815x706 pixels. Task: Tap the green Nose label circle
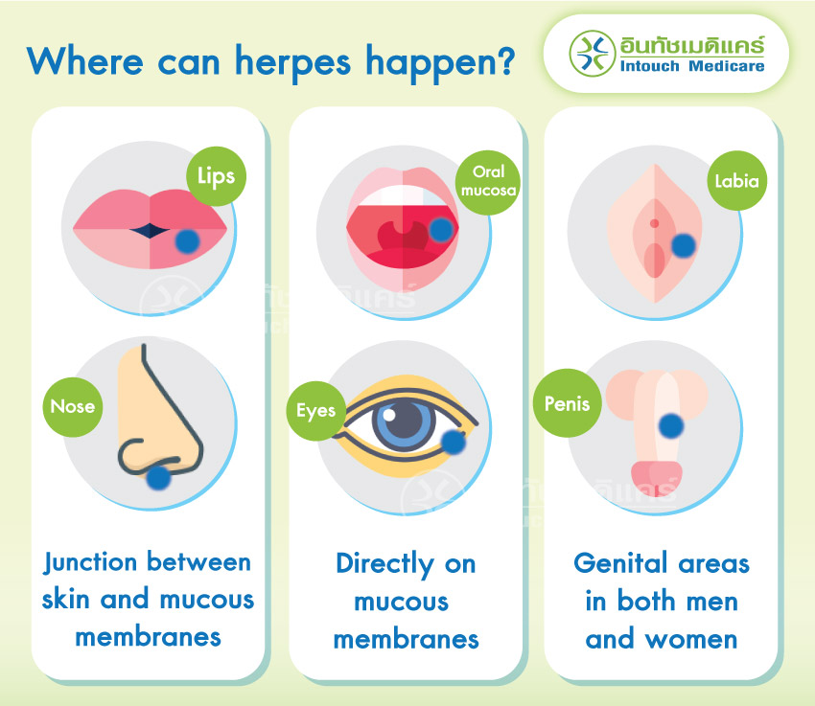[74, 406]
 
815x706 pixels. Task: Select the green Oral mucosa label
[488, 180]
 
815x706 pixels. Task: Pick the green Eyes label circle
[316, 411]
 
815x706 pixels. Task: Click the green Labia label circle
[738, 178]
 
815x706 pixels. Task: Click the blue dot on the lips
[189, 241]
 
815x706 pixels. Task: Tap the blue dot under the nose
[155, 475]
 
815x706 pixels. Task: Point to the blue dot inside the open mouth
[440, 230]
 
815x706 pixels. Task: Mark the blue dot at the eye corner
[454, 442]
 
